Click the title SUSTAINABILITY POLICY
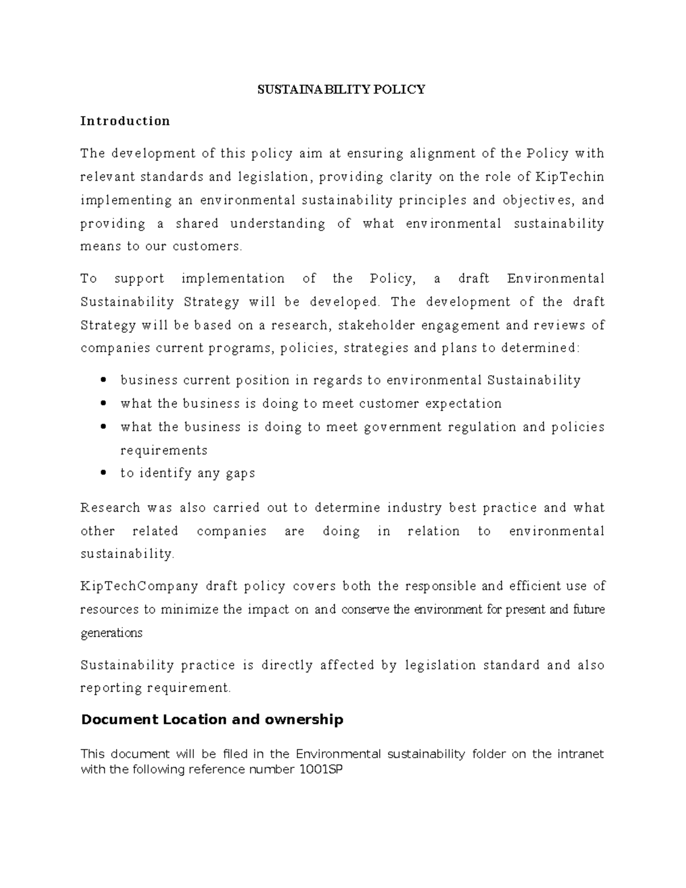pos(341,89)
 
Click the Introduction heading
pos(125,121)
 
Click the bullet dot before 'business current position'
pos(103,380)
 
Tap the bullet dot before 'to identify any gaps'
pos(103,473)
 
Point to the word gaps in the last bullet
pos(241,473)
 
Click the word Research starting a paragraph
pos(110,508)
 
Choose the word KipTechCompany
pos(139,586)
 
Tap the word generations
pos(111,633)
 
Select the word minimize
pos(189,610)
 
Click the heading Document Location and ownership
pos(212,719)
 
